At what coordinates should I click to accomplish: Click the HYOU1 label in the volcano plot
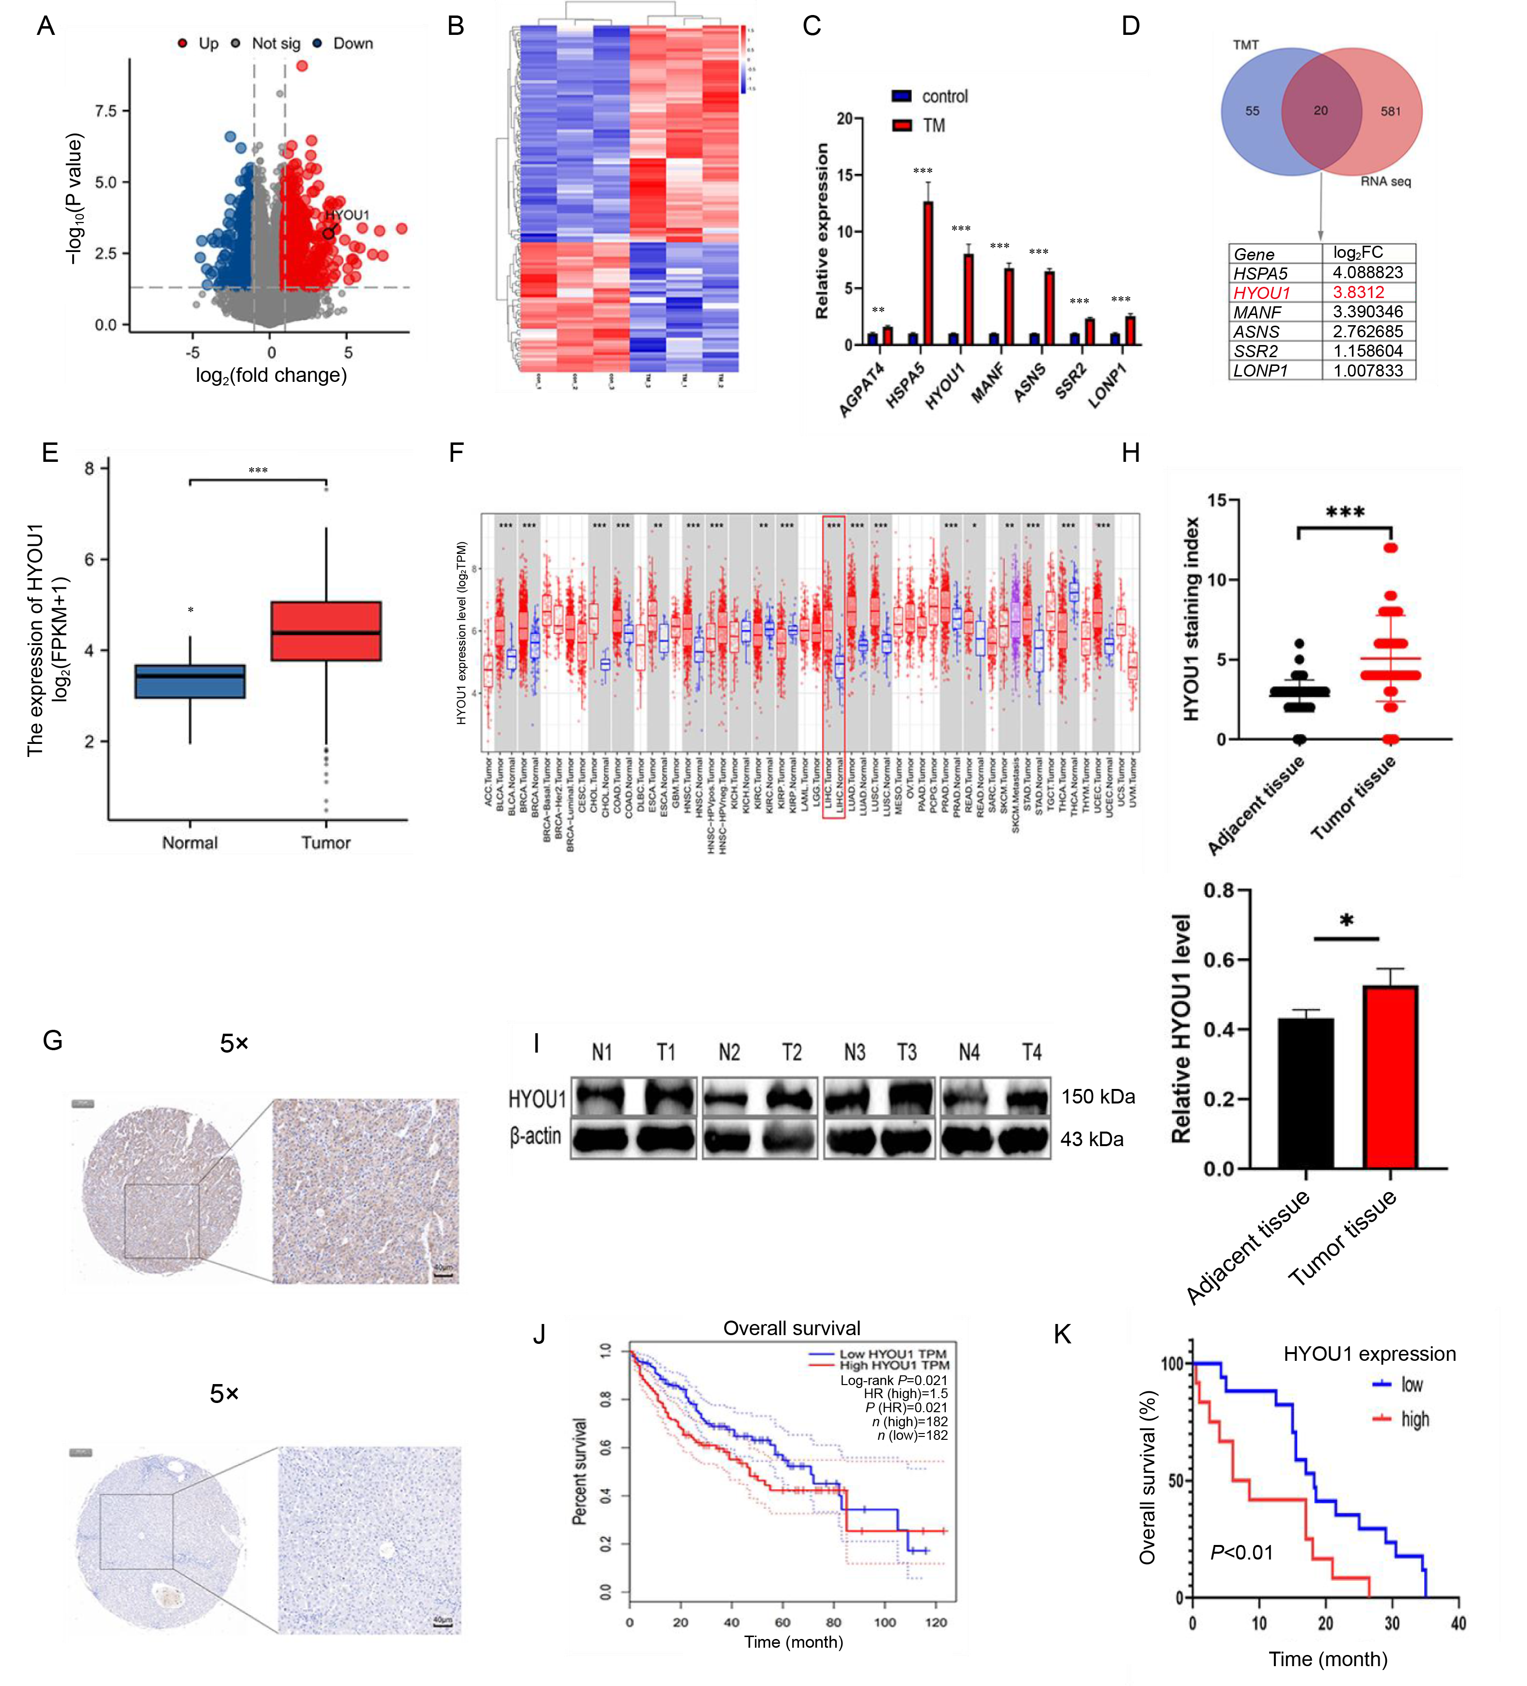coord(347,215)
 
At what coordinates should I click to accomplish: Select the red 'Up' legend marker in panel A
coord(182,44)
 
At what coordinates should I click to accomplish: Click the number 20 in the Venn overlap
coord(1320,110)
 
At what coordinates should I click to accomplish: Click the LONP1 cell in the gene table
coord(1261,370)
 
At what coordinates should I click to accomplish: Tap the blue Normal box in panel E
coord(190,681)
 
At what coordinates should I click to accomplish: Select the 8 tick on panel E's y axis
coord(90,468)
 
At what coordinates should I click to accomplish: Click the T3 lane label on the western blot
coord(907,1052)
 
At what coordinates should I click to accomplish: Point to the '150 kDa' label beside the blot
coord(1098,1096)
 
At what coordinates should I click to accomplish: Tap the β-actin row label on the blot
coord(536,1135)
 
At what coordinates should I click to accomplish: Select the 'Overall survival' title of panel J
coord(792,1328)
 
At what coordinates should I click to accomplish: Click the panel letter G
coord(53,1040)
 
